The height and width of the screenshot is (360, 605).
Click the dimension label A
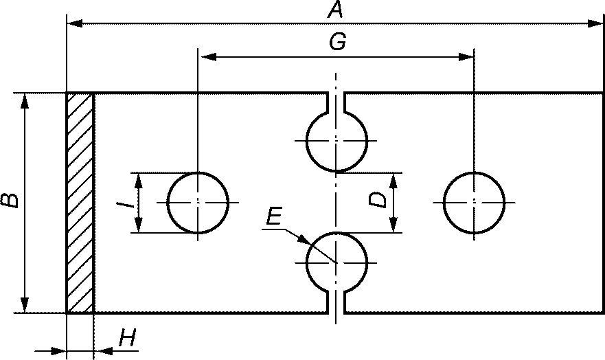335,9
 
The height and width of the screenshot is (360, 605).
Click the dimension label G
338,41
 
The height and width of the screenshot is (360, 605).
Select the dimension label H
128,338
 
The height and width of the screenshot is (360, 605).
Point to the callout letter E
274,216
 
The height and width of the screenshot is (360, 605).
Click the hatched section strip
80,203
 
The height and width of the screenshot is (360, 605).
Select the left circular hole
167,203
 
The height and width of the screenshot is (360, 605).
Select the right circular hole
444,203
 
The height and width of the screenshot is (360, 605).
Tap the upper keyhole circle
306,141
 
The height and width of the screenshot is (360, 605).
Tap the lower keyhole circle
306,262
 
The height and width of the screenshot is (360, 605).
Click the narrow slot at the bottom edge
336,302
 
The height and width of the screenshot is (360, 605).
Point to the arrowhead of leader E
304,239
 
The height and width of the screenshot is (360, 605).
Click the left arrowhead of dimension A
75,23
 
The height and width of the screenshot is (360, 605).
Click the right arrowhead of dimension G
466,57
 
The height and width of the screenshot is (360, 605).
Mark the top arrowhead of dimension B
24,101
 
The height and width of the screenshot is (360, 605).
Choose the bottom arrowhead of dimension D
393,225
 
